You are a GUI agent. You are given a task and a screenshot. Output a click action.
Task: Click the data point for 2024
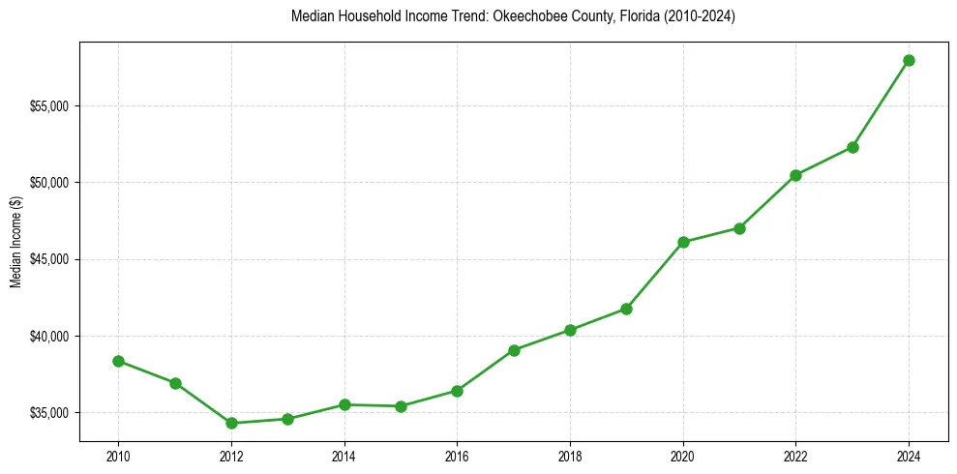(909, 60)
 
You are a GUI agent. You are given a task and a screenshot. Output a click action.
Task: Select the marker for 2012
(231, 423)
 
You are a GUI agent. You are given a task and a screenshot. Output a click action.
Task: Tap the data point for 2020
(683, 242)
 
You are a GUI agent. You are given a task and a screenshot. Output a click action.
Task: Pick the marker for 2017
(514, 350)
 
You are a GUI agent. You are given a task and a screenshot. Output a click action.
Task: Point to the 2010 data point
(118, 361)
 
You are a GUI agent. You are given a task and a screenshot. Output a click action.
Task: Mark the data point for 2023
(852, 147)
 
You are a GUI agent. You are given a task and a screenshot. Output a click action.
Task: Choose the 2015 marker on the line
(401, 406)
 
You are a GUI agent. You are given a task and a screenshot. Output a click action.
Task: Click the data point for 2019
(626, 309)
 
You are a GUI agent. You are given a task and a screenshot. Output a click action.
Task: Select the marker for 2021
(739, 228)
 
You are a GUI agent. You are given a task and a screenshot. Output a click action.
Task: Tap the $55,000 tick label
(51, 105)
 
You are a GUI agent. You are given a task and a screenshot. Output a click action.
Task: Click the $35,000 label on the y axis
(51, 413)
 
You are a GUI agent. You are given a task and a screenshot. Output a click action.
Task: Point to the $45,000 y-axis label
(51, 259)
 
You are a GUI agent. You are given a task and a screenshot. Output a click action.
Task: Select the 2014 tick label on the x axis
(344, 456)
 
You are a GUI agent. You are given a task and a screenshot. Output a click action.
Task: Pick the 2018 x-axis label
(570, 456)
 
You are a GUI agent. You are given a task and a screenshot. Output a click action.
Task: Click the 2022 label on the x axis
(795, 456)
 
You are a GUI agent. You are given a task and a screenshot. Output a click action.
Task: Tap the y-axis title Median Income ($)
(15, 242)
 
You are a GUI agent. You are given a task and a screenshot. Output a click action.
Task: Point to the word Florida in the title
(606, 16)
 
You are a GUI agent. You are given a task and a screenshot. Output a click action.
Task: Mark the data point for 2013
(287, 419)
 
